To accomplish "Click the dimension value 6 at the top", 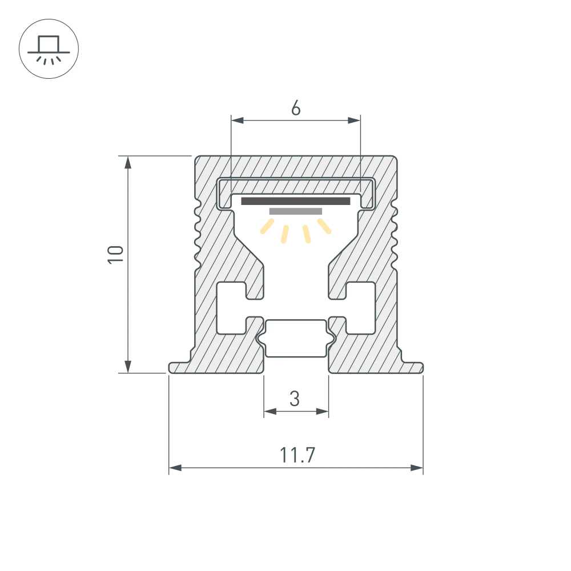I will click(295, 107).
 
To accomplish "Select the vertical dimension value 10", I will click(116, 254).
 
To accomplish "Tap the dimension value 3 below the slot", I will click(295, 398).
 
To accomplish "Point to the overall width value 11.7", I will click(297, 455).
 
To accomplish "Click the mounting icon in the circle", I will click(49, 49).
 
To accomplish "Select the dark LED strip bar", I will click(295, 201).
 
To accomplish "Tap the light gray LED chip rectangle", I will click(295, 211).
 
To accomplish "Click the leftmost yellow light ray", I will click(266, 228).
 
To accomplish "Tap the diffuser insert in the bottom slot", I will click(295, 338).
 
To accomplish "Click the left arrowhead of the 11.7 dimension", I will click(175, 468).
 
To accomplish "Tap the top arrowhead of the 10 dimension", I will click(128, 162).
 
